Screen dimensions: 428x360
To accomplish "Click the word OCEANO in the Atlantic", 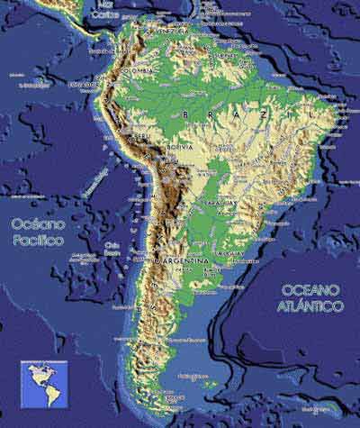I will click(x=310, y=290).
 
